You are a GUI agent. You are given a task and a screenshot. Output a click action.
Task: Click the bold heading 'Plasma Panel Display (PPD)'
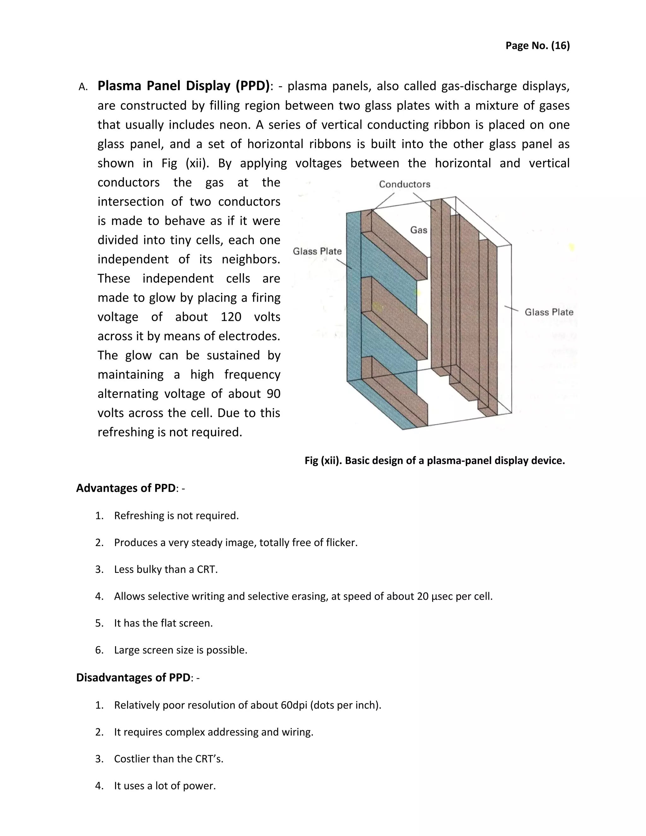click(183, 86)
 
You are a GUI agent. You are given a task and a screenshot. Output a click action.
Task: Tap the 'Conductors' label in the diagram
click(404, 184)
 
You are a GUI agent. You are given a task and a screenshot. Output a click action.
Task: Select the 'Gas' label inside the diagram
click(418, 230)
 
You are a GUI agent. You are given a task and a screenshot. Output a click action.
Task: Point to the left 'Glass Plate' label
click(317, 251)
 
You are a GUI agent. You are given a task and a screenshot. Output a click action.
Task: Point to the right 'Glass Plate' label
click(549, 312)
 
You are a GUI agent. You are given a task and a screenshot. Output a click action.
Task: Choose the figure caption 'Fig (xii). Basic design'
click(434, 461)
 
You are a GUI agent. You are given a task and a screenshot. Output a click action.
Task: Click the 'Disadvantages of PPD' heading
click(133, 678)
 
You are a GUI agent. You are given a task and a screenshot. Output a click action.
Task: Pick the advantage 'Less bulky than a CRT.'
click(166, 569)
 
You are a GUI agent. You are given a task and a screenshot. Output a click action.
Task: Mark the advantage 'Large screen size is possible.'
click(181, 650)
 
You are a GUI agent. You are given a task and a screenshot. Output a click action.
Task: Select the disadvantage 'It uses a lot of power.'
click(165, 786)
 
